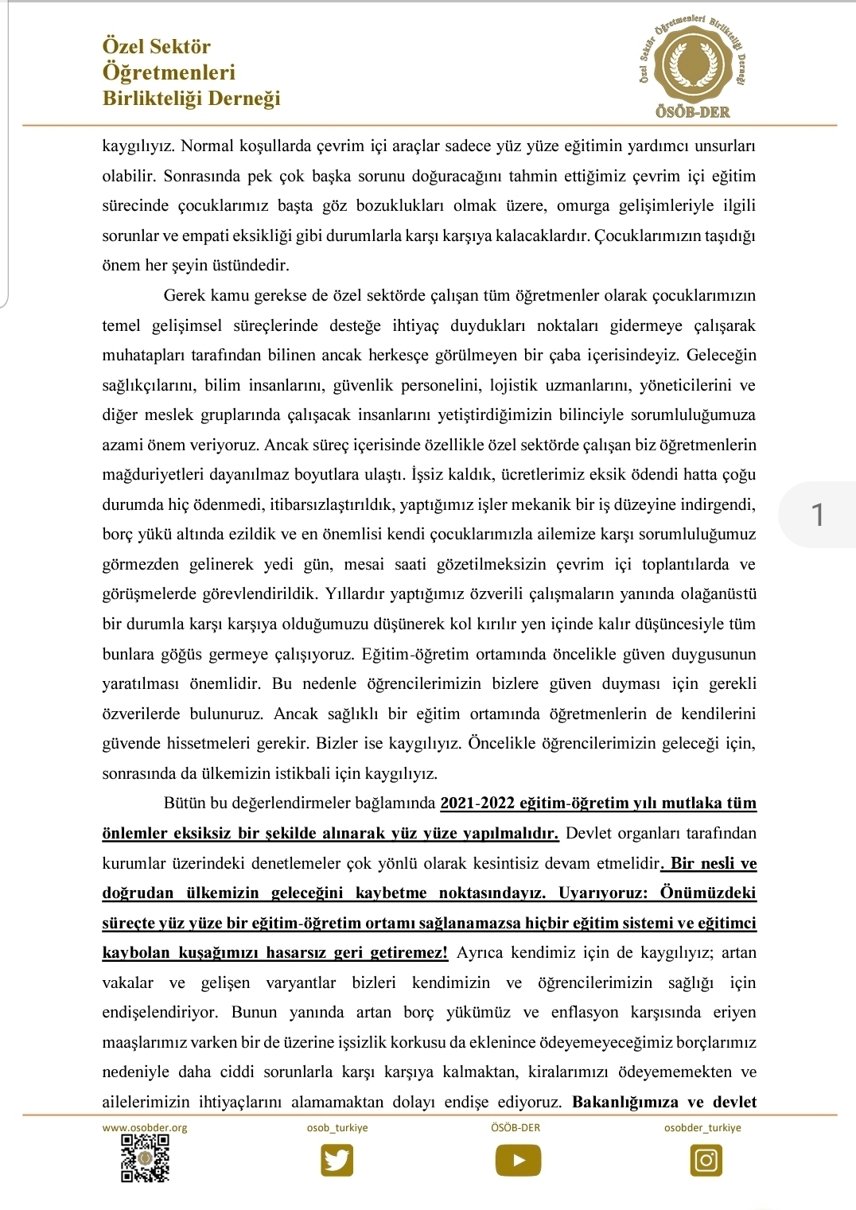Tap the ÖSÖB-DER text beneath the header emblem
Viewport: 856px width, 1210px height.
(x=692, y=112)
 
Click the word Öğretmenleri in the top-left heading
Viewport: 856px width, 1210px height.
(x=169, y=72)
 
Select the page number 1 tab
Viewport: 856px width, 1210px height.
(x=817, y=516)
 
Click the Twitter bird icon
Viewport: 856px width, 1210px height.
(x=337, y=1160)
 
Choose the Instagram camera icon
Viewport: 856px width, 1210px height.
(x=706, y=1161)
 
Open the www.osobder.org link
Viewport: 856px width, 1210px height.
(x=145, y=1127)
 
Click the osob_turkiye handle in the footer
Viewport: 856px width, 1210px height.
(x=337, y=1127)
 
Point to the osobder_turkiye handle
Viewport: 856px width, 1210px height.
(x=702, y=1127)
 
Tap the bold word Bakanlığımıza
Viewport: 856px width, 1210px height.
(x=625, y=1102)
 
